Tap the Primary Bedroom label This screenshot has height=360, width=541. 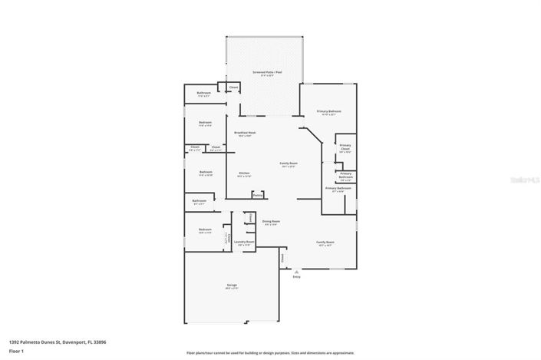pos(328,111)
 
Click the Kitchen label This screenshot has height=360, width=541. pos(243,173)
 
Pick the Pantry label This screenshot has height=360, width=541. pos(258,196)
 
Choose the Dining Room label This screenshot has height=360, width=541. pos(270,222)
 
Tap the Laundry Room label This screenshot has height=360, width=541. pos(246,243)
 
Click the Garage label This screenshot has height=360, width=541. pos(231,285)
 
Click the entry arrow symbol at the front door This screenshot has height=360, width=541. pos(296,271)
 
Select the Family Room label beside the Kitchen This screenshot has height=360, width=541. pos(289,164)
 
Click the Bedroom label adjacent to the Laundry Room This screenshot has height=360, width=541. pos(205,230)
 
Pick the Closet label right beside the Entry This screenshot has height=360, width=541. pos(282,258)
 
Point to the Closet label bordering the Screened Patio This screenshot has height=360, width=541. pos(233,88)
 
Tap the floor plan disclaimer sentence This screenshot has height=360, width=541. pos(270,353)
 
